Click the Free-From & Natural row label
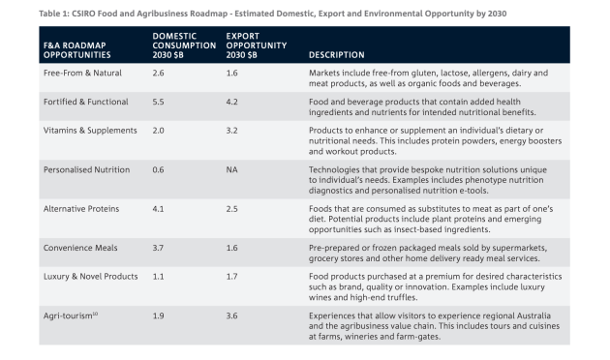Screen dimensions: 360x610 pyautogui.click(x=83, y=74)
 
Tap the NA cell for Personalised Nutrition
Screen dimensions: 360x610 pyautogui.click(x=232, y=168)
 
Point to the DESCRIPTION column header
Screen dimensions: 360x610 pyautogui.click(x=337, y=54)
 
